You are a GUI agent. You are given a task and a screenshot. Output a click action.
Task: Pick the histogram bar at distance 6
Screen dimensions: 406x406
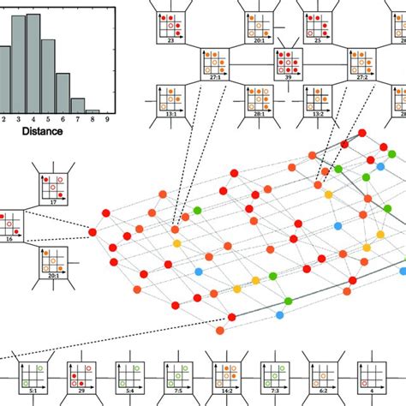[63, 93]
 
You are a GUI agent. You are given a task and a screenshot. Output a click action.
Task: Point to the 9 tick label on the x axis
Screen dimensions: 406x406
[106, 121]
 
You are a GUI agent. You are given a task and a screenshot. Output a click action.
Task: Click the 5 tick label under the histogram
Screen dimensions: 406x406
[48, 121]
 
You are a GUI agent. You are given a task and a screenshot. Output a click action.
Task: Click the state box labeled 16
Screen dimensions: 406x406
[10, 227]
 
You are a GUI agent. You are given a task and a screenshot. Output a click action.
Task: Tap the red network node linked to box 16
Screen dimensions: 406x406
[93, 232]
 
